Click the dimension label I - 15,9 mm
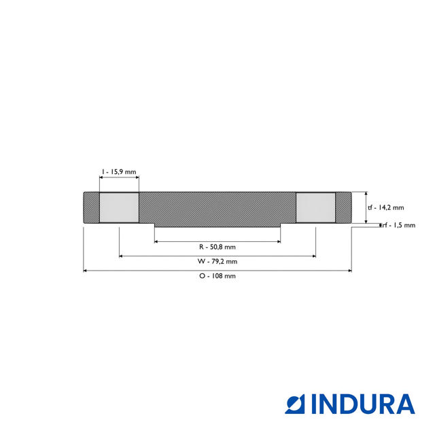119,172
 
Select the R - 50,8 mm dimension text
217,246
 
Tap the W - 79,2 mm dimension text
217,261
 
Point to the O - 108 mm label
217,276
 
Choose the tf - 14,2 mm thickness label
385,208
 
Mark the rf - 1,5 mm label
398,226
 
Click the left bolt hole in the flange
119,207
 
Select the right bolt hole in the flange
315,207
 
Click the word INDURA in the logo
363,404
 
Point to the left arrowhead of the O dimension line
85,271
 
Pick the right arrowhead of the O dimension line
349,271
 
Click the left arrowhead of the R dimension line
156,241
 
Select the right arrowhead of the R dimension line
279,241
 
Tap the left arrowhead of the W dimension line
121,256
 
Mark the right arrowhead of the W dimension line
313,256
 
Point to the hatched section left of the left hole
91,207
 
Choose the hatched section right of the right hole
343,207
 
